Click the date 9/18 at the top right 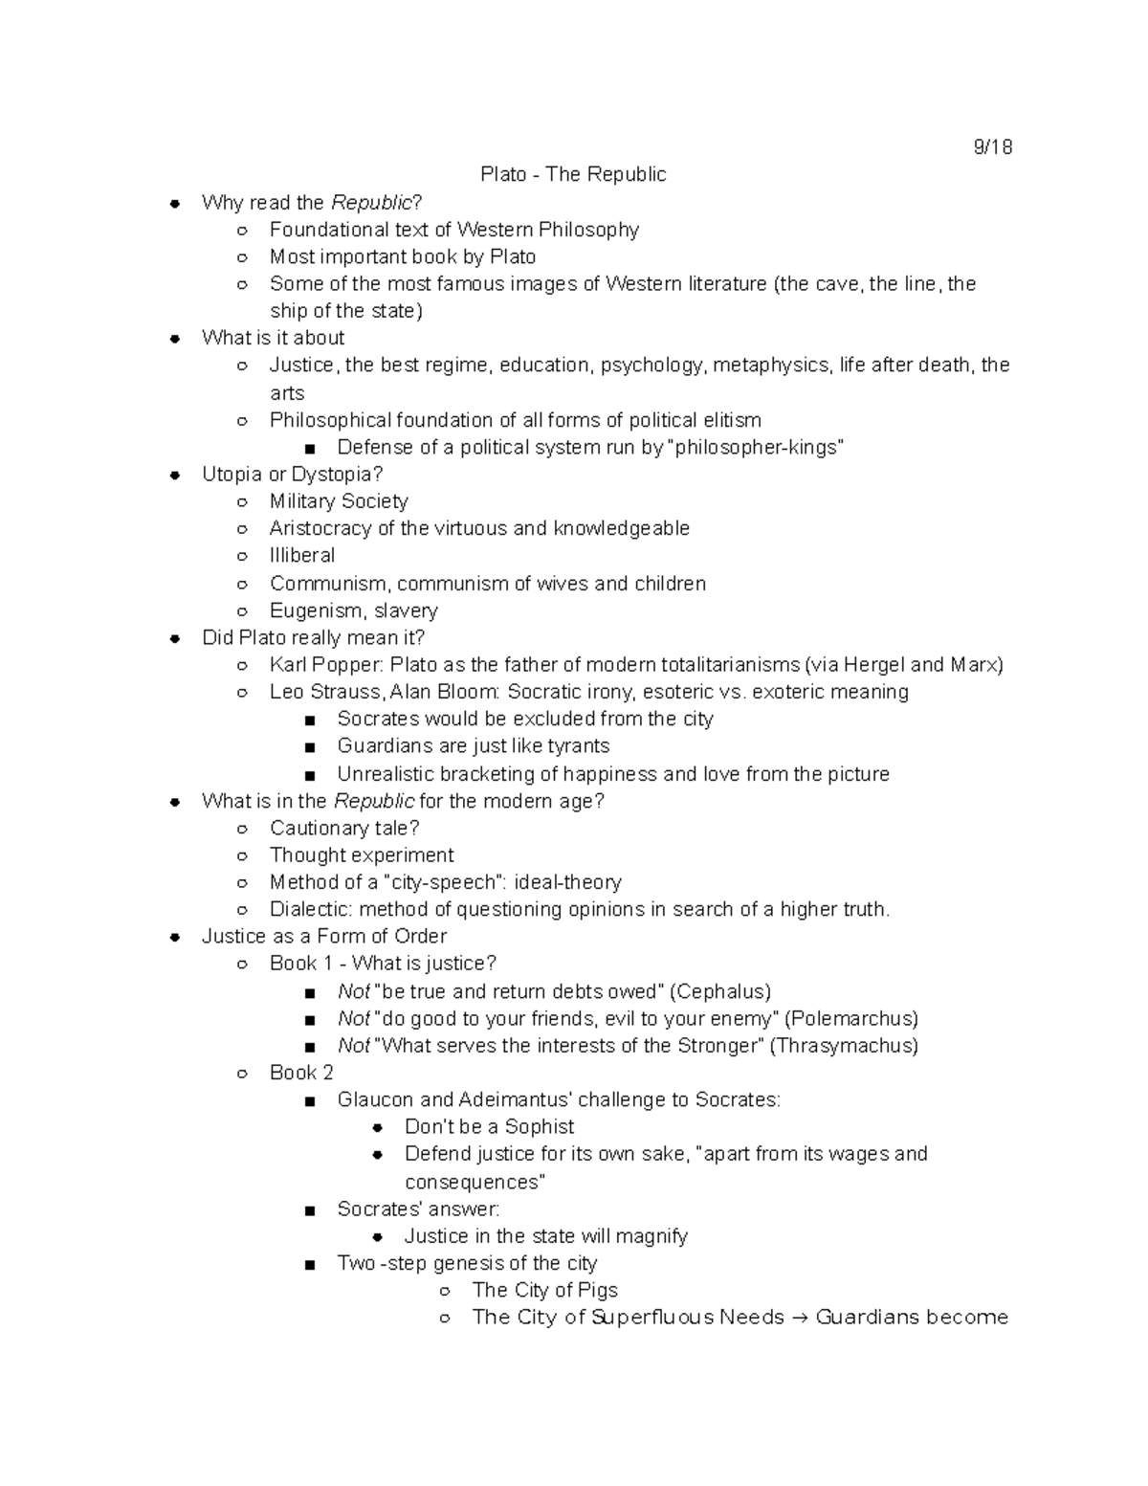(992, 147)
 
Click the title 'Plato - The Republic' (573, 174)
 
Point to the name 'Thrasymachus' (845, 1045)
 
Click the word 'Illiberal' (302, 555)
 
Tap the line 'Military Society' (339, 501)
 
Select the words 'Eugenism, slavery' (353, 610)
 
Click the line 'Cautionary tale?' (344, 828)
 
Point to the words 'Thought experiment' (362, 854)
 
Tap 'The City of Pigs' (544, 1290)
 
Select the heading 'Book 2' (301, 1073)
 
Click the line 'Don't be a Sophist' (489, 1126)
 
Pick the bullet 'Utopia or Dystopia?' (292, 474)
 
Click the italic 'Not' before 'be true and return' (353, 991)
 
